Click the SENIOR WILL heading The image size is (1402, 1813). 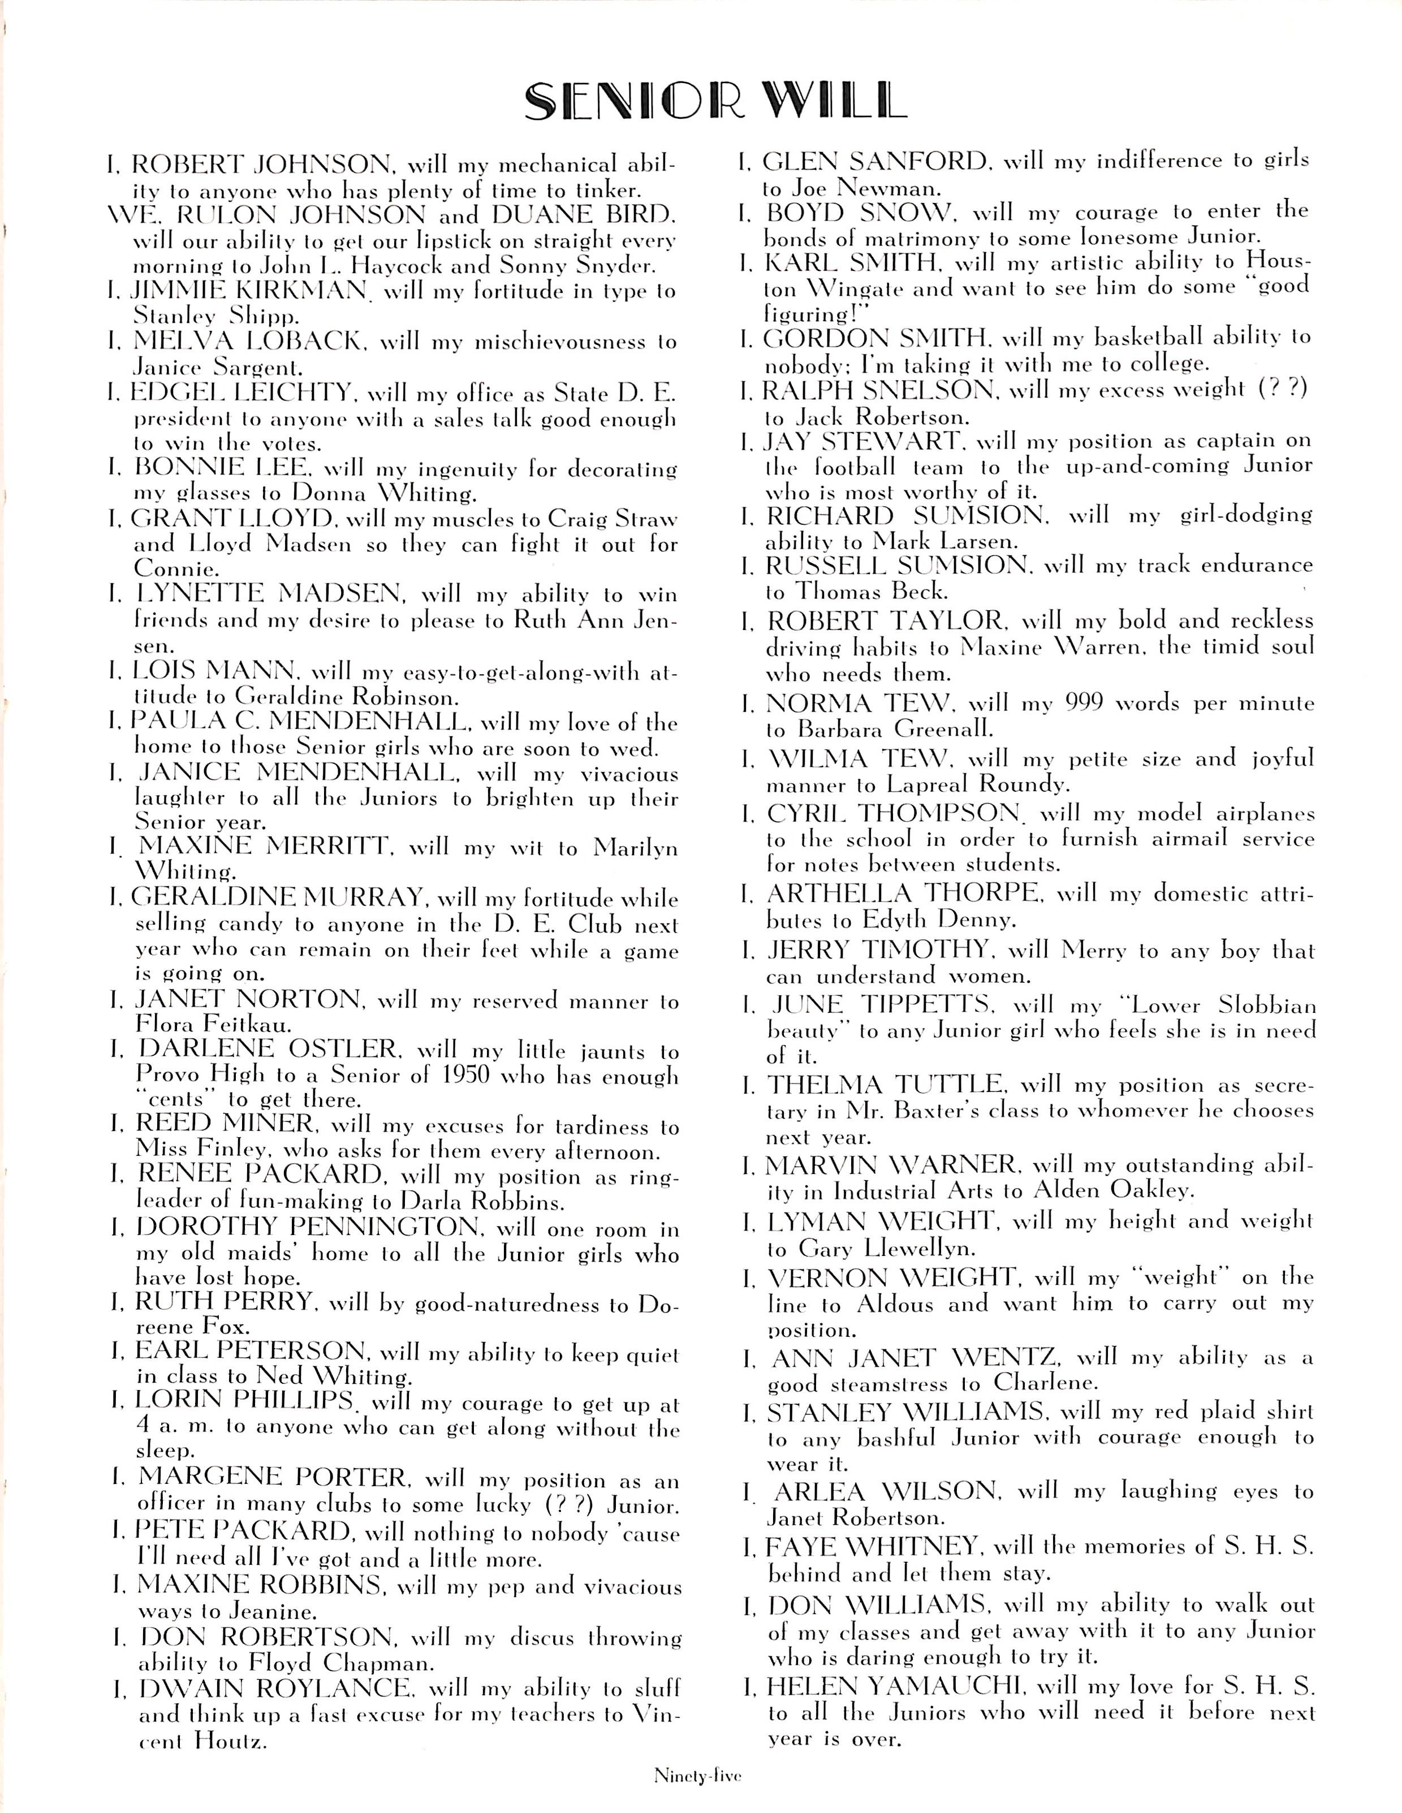[x=715, y=102]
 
